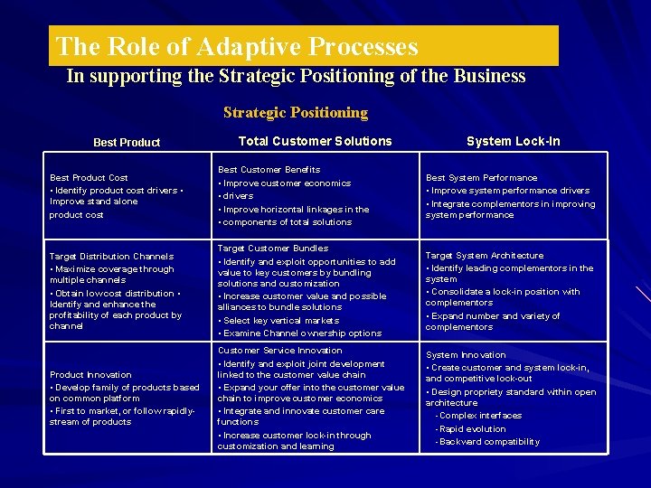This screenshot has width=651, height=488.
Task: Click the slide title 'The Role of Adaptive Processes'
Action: pos(237,46)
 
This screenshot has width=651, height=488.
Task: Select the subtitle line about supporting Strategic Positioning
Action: pos(296,76)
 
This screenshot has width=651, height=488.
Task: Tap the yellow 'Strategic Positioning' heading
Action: pos(296,113)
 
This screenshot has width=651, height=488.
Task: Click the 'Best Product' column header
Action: pos(127,143)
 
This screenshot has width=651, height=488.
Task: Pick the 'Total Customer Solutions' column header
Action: pos(315,141)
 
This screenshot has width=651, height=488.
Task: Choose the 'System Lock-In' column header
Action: pos(513,141)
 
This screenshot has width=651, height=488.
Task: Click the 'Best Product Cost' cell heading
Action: pos(89,178)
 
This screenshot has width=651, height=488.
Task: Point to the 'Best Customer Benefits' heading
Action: pos(269,170)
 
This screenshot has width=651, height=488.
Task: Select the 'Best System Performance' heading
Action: pos(481,178)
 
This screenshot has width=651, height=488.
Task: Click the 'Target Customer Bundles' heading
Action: pos(272,249)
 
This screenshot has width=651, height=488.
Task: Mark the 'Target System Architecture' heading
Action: pos(485,256)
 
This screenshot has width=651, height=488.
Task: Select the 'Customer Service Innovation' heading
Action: pos(279,351)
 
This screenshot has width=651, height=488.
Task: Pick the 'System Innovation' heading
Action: pos(466,355)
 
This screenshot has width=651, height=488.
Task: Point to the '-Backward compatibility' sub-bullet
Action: pos(487,442)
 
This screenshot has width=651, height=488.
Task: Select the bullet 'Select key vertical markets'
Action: pos(280,321)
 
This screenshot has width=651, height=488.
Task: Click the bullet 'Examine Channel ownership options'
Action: pos(301,333)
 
